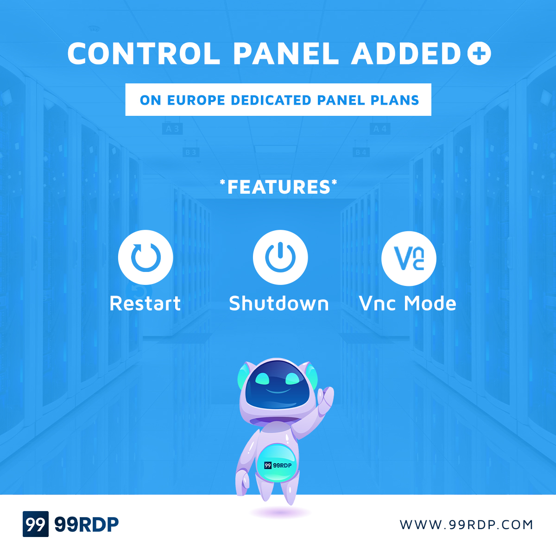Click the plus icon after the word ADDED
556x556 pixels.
tap(479, 53)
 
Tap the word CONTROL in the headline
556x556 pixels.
tap(143, 53)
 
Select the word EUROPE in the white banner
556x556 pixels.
tap(196, 100)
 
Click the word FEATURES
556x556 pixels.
tap(278, 187)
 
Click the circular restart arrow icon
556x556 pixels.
tap(145, 257)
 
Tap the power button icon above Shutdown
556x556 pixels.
tap(280, 257)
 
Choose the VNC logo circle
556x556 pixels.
tap(409, 258)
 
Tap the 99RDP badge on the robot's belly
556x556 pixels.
tap(278, 465)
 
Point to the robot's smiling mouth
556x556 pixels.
tap(278, 391)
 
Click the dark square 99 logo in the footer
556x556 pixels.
tap(36, 524)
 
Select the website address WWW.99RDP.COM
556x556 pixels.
tap(466, 525)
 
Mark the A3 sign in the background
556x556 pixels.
tap(172, 129)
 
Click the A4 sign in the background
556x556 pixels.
tap(380, 129)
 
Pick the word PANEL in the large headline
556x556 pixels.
tap(286, 53)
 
